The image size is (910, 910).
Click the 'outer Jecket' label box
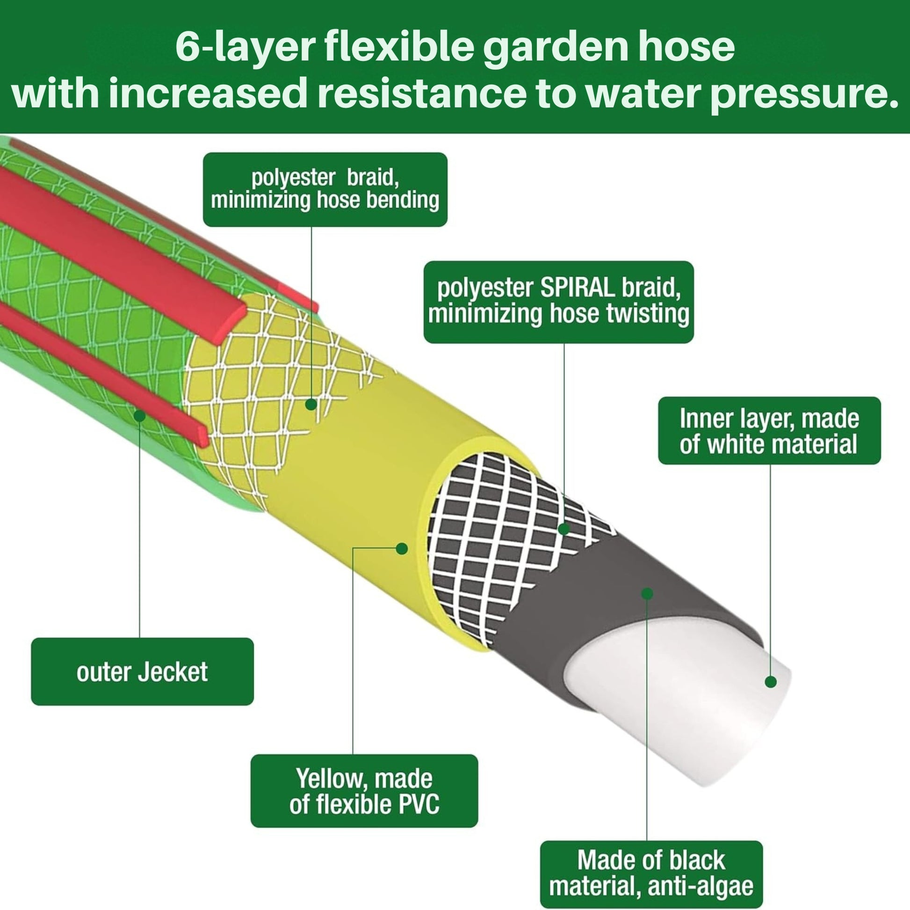142,671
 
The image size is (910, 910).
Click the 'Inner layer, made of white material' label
769,431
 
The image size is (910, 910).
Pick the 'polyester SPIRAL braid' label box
558,302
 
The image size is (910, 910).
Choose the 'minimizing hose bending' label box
325,189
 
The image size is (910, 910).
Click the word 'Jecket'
173,672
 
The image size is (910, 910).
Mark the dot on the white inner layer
771,681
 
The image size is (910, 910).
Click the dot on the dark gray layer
647,593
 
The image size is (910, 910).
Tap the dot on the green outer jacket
139,415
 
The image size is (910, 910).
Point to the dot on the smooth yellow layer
402,548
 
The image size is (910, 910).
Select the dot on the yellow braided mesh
311,404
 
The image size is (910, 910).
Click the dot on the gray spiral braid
564,529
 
